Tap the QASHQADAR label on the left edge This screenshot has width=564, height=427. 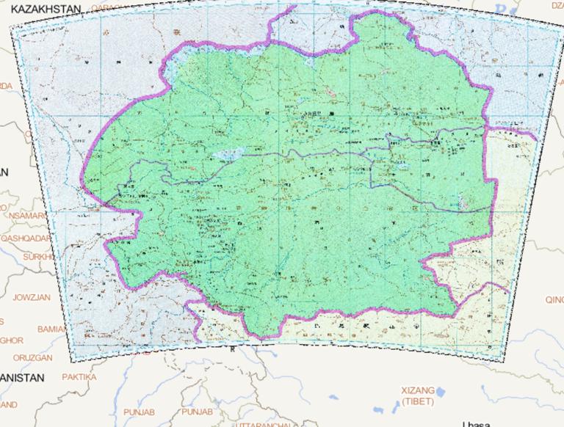coord(25,238)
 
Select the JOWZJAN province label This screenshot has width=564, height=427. coord(32,297)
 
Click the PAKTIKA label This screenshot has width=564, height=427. coord(79,377)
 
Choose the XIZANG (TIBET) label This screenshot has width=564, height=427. coord(418,396)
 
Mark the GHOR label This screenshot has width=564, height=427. coord(11,340)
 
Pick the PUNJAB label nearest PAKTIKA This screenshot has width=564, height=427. coord(140,412)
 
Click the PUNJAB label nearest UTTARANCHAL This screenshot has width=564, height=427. coord(197,412)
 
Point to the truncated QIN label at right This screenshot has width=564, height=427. coord(554,299)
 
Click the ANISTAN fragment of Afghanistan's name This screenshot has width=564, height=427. coord(22,377)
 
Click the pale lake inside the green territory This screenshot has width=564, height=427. coord(229,155)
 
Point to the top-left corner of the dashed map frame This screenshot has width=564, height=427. coord(10,24)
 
